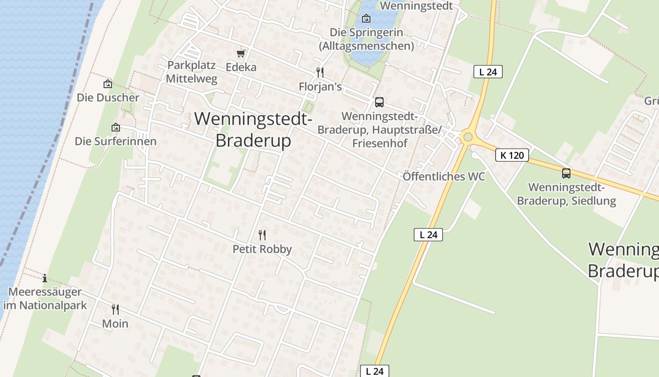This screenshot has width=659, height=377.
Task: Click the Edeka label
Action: [241, 67]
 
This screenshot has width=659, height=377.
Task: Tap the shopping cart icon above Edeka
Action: [241, 54]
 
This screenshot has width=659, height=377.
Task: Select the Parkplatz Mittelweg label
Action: [192, 72]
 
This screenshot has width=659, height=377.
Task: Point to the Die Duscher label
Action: [108, 98]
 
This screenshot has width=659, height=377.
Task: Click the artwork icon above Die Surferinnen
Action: [115, 128]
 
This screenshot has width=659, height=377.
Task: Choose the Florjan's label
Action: [320, 87]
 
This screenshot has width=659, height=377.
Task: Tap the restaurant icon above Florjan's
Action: [320, 73]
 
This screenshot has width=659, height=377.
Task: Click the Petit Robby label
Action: [262, 249]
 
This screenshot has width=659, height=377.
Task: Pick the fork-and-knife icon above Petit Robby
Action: [262, 235]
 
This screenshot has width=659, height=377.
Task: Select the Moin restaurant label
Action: [115, 324]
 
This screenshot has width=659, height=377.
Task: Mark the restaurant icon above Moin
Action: [115, 309]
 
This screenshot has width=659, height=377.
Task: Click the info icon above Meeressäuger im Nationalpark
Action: [45, 278]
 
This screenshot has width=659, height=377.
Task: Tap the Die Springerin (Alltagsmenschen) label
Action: [366, 39]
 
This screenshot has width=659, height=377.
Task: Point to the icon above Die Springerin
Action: [366, 19]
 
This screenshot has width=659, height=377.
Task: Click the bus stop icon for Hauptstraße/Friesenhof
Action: [379, 102]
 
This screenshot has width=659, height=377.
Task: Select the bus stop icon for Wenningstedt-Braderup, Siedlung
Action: [566, 173]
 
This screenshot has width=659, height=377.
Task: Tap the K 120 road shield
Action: [512, 155]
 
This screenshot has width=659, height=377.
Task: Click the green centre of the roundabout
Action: [467, 137]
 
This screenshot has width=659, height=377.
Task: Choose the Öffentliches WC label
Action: [443, 176]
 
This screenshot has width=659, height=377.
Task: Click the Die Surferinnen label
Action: [115, 141]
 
